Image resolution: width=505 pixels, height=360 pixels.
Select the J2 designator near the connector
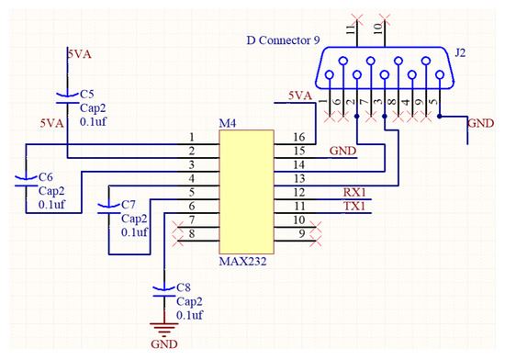coord(460,53)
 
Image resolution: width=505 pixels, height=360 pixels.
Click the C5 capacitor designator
coord(86,94)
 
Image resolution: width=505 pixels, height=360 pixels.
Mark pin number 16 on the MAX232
coord(298,137)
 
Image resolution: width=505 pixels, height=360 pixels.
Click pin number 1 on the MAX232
coord(192,137)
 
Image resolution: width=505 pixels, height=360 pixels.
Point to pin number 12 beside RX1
coord(298,192)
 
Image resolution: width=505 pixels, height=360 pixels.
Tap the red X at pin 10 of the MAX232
coord(314,220)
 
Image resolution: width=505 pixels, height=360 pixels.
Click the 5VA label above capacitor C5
coord(80,55)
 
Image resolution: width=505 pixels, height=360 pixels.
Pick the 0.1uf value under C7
coord(134,233)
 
